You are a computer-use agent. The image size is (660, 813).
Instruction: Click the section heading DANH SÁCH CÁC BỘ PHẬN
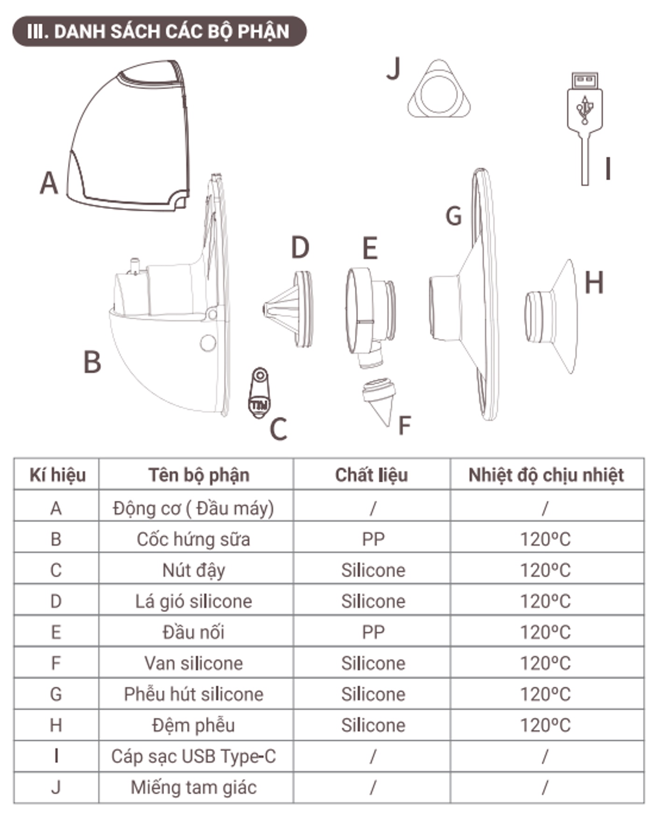point(159,31)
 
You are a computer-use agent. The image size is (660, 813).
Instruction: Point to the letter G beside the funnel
point(454,216)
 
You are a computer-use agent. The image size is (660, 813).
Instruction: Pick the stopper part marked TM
point(259,393)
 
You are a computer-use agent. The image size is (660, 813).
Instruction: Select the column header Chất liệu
point(372,475)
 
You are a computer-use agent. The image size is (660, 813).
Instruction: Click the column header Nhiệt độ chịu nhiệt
point(546,475)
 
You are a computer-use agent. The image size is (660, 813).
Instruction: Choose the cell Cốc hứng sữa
point(193,539)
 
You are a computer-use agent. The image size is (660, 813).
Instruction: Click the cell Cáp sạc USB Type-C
point(193,756)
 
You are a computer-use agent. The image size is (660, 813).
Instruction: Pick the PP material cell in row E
point(373,632)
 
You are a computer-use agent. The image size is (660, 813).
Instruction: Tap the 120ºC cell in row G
point(545,694)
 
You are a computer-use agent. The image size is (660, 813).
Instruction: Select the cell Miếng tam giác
point(193,787)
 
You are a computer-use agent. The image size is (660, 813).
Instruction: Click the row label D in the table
point(56,601)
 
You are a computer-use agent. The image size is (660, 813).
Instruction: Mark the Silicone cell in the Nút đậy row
point(373,570)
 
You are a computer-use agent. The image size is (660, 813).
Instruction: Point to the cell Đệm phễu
point(193,725)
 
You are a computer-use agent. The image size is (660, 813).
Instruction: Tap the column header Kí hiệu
point(57,475)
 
